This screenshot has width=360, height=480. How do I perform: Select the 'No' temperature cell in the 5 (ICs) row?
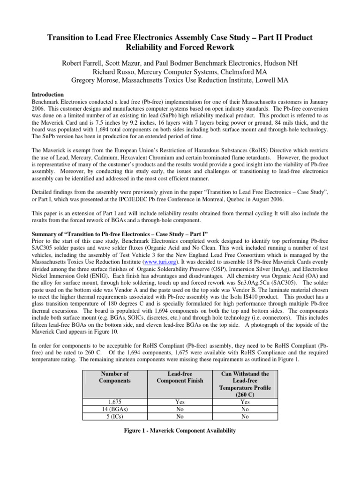pyautogui.click(x=245, y=415)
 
